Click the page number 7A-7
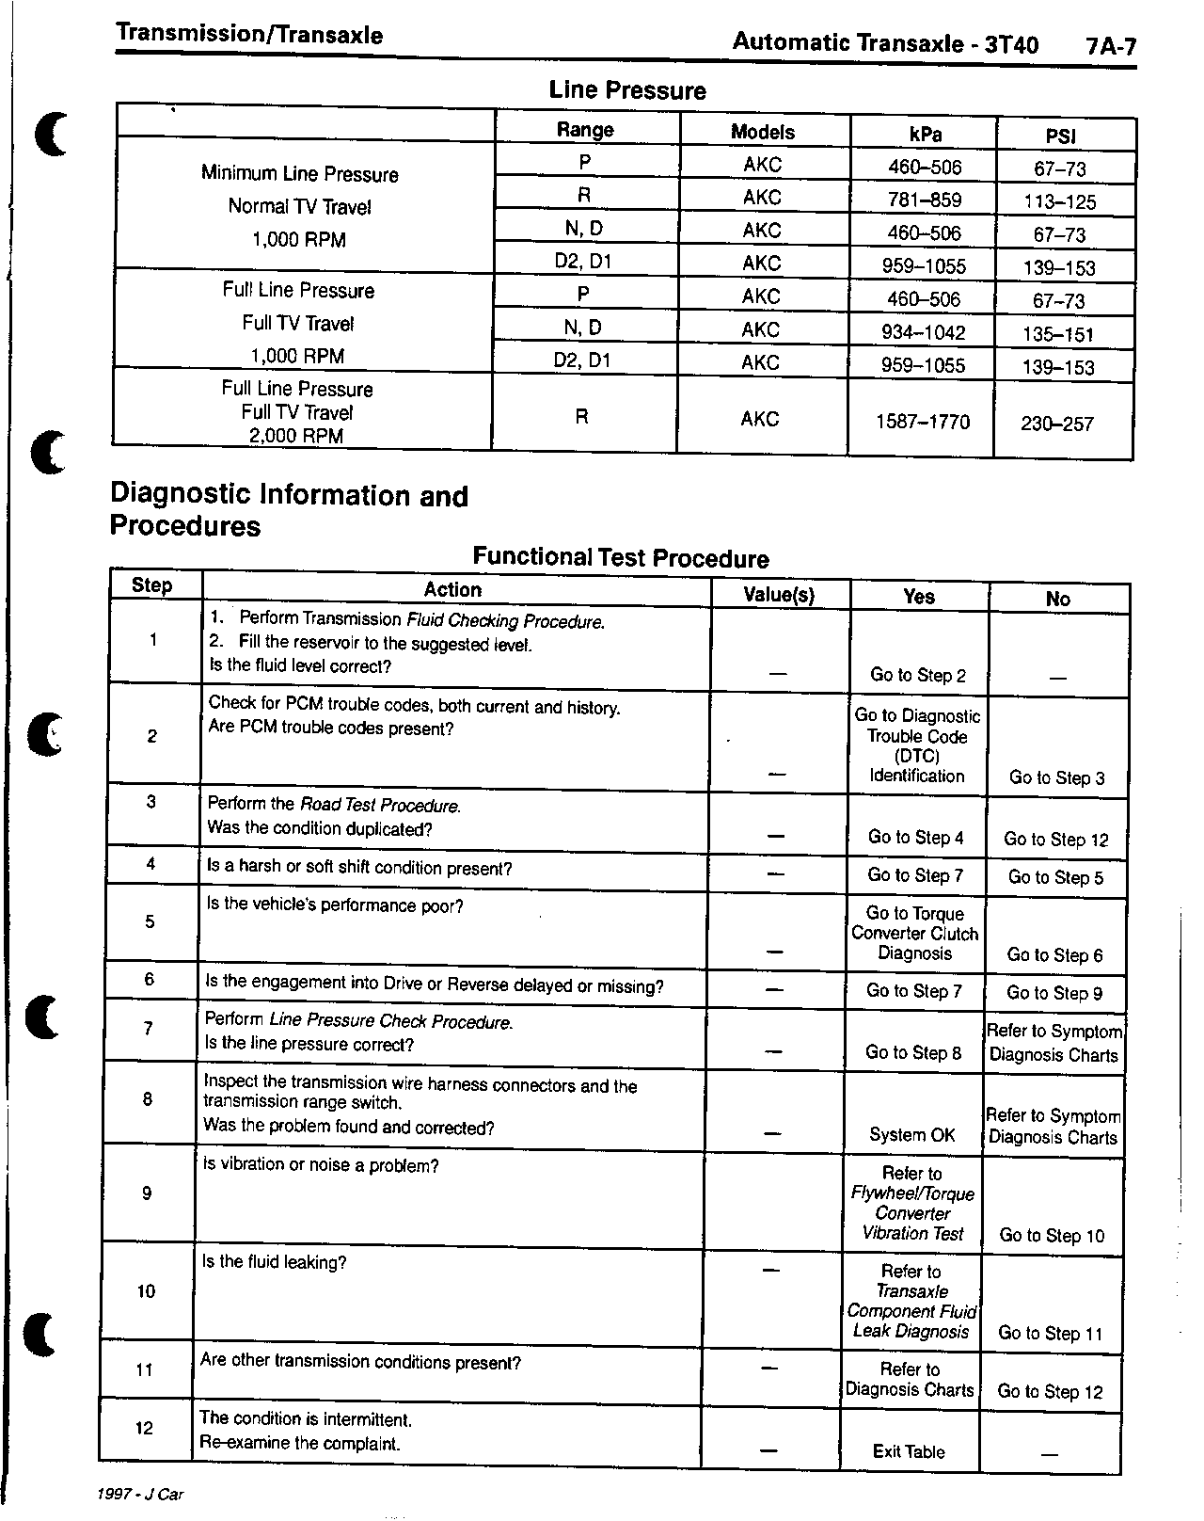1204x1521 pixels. point(1110,45)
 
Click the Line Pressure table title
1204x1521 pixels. point(627,90)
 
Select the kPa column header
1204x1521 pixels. point(926,134)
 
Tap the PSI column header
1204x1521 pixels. point(1061,136)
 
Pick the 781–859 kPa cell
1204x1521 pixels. point(926,200)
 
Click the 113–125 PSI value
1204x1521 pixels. point(1060,201)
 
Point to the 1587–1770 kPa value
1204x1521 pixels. point(923,422)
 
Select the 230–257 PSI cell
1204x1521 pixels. point(1057,424)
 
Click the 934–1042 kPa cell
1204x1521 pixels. point(924,332)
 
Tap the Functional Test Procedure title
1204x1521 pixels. point(621,557)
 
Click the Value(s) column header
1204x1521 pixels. point(779,595)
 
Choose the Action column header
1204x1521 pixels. point(452,589)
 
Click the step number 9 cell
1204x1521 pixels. point(147,1193)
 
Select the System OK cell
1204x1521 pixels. point(912,1135)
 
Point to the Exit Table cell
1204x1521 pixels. point(909,1451)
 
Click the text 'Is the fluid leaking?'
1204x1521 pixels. point(275,1262)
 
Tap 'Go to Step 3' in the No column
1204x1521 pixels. point(1057,777)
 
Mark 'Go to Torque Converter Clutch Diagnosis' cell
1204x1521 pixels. point(915,933)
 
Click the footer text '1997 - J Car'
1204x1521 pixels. point(140,1495)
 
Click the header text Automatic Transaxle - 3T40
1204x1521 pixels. point(885,42)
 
